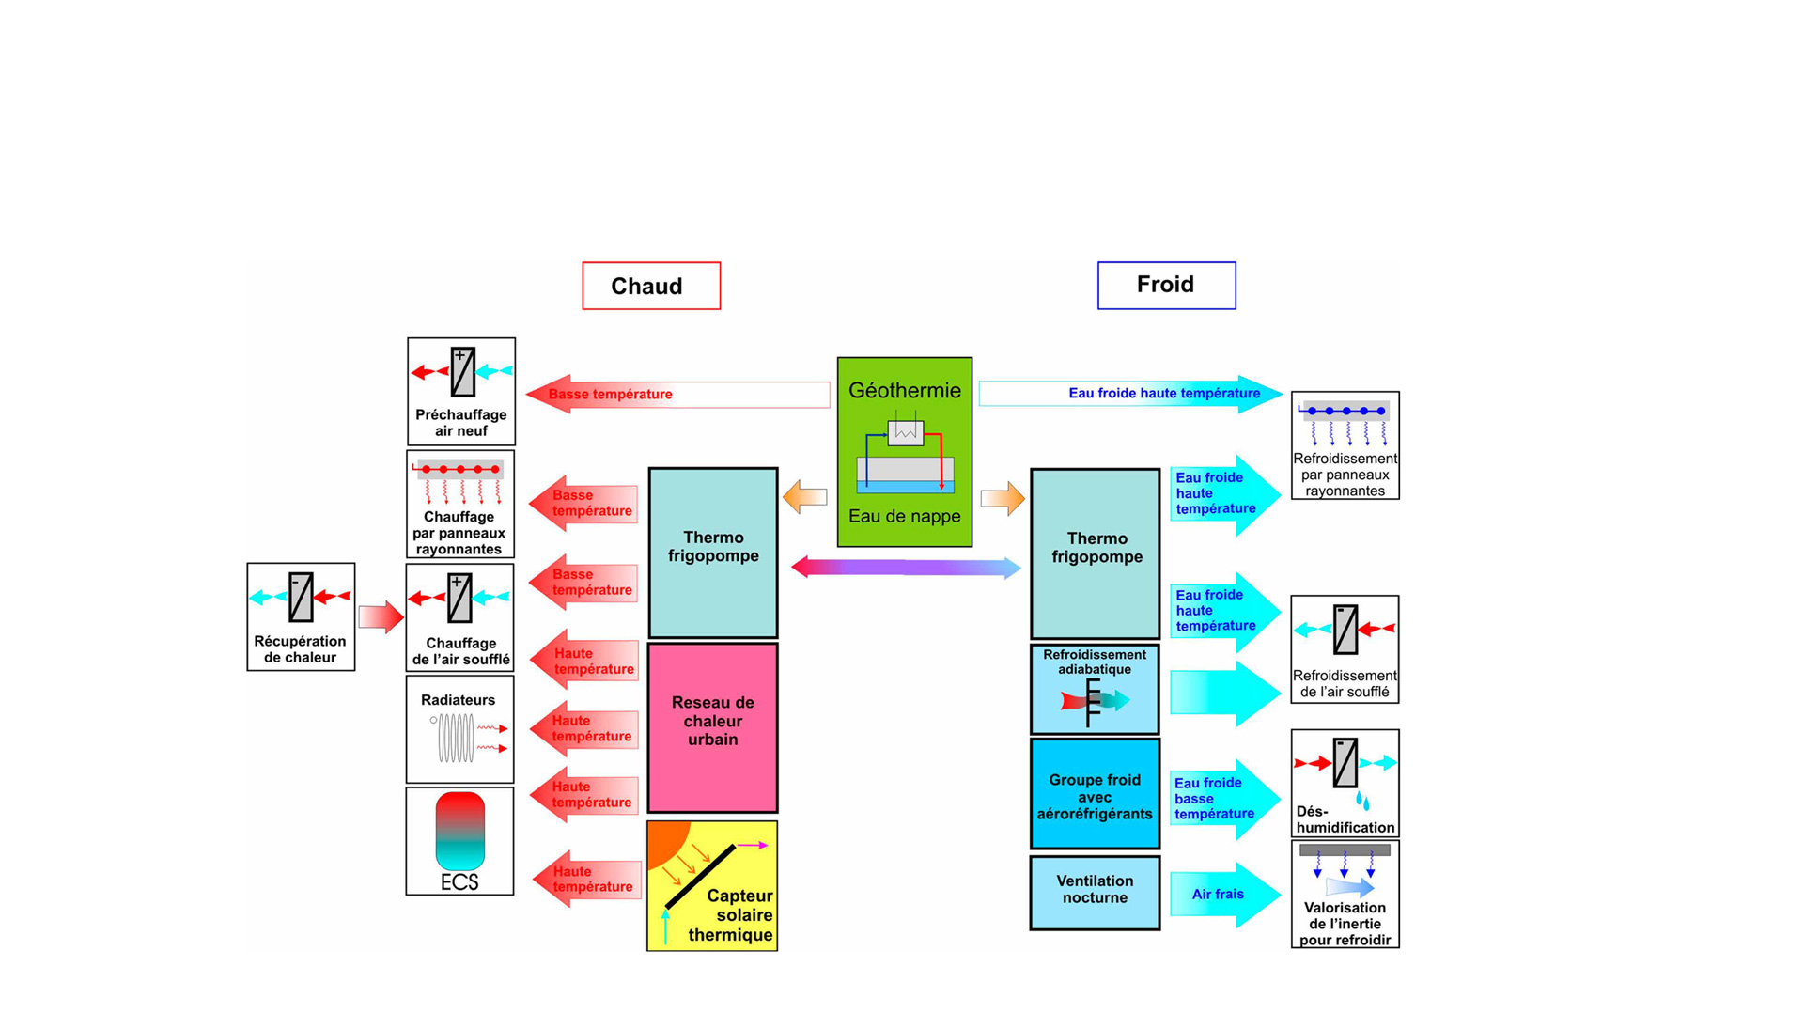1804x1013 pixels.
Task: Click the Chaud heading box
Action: (x=651, y=286)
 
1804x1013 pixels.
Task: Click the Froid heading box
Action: (x=1166, y=285)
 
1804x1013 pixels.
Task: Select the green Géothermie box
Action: (x=904, y=452)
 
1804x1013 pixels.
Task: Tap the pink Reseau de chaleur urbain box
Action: (x=712, y=727)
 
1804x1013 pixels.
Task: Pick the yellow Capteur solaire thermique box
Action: (x=712, y=885)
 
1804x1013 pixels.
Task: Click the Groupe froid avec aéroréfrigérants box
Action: (x=1095, y=794)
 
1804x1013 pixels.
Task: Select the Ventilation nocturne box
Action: (x=1095, y=892)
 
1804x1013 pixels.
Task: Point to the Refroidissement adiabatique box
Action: (x=1095, y=689)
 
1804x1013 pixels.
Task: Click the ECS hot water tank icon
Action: (x=459, y=831)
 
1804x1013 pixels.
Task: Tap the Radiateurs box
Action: (x=459, y=729)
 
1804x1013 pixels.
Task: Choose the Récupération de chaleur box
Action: (x=301, y=616)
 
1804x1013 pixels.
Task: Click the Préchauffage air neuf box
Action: (x=460, y=391)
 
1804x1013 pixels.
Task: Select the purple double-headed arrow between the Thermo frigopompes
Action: (x=906, y=567)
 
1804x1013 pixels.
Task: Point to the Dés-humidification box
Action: (x=1345, y=783)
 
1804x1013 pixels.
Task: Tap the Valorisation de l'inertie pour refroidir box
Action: (x=1345, y=894)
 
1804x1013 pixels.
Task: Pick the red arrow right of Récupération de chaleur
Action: (x=381, y=616)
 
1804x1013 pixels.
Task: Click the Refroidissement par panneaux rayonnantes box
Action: (x=1345, y=445)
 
